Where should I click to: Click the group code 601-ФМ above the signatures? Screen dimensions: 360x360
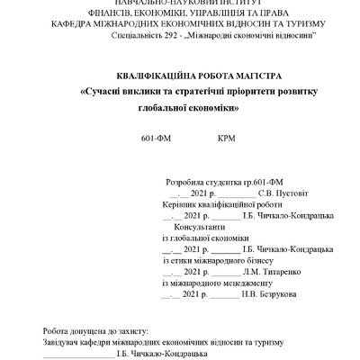(x=155, y=140)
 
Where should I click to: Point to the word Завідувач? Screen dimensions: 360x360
(x=64, y=343)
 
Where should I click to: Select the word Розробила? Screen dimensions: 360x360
(x=188, y=180)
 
